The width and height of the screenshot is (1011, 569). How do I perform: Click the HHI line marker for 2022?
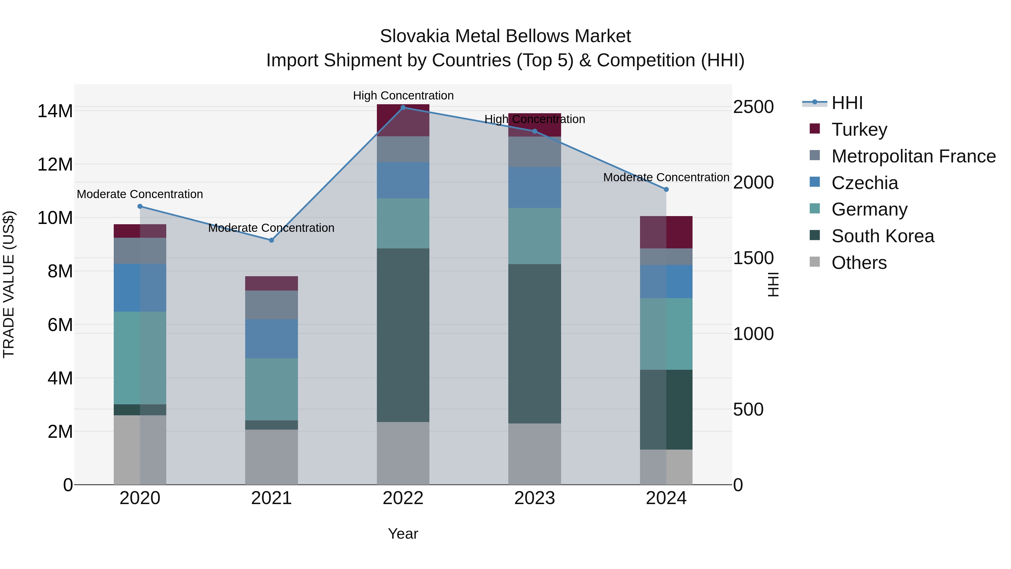pyautogui.click(x=403, y=107)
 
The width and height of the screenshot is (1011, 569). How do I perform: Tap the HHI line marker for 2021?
pyautogui.click(x=271, y=240)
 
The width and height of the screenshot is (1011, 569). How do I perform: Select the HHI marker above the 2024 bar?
pyautogui.click(x=666, y=189)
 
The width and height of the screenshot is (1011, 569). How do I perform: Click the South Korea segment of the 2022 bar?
pyautogui.click(x=403, y=335)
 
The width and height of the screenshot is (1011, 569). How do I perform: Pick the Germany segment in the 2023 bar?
pyautogui.click(x=534, y=236)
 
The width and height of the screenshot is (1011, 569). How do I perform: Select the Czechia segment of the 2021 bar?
pyautogui.click(x=271, y=339)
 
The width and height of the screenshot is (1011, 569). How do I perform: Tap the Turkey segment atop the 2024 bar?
pyautogui.click(x=666, y=232)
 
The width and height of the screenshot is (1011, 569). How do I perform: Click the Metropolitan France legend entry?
pyautogui.click(x=913, y=156)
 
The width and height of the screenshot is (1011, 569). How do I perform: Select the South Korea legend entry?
pyautogui.click(x=882, y=236)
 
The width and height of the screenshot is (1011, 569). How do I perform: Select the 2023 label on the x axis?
pyautogui.click(x=534, y=498)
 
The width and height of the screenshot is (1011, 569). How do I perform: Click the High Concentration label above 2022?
pyautogui.click(x=403, y=96)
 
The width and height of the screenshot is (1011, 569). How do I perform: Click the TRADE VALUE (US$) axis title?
pyautogui.click(x=9, y=284)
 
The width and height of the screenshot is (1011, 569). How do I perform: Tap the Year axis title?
pyautogui.click(x=403, y=534)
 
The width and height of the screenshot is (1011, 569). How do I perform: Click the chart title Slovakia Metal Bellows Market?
pyautogui.click(x=505, y=36)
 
